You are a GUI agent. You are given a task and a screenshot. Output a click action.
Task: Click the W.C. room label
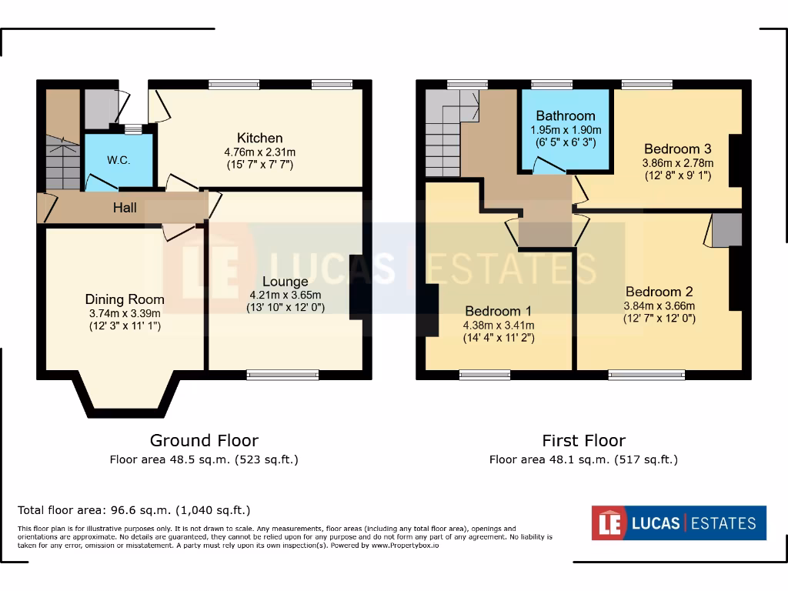click(x=118, y=160)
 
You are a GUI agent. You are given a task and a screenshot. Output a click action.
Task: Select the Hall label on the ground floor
click(x=125, y=208)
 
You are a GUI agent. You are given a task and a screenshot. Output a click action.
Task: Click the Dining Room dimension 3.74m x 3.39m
click(x=124, y=313)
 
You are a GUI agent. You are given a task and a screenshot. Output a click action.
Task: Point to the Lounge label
click(x=285, y=281)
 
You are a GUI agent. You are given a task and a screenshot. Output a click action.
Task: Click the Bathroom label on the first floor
click(x=566, y=116)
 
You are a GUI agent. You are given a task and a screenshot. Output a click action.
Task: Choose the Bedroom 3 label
click(x=677, y=149)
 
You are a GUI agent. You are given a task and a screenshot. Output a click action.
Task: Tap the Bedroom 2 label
click(x=659, y=292)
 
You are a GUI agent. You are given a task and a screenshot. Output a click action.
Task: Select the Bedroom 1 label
click(x=499, y=311)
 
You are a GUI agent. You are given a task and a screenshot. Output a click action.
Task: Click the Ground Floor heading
click(x=204, y=440)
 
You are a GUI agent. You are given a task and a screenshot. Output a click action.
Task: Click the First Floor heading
click(x=583, y=440)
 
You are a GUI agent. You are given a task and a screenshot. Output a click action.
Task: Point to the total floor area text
click(x=134, y=510)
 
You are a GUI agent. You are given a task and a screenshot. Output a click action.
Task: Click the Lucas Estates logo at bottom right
click(x=678, y=523)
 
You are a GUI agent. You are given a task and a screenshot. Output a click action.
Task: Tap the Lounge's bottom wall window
click(x=282, y=375)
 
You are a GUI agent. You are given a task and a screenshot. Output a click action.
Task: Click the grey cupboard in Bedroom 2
click(x=726, y=230)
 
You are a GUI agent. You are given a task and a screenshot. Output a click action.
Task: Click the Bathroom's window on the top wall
click(x=552, y=84)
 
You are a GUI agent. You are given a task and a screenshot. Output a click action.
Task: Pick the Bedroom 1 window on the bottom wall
click(x=485, y=375)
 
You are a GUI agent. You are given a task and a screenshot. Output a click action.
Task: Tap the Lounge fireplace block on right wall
click(x=358, y=286)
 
